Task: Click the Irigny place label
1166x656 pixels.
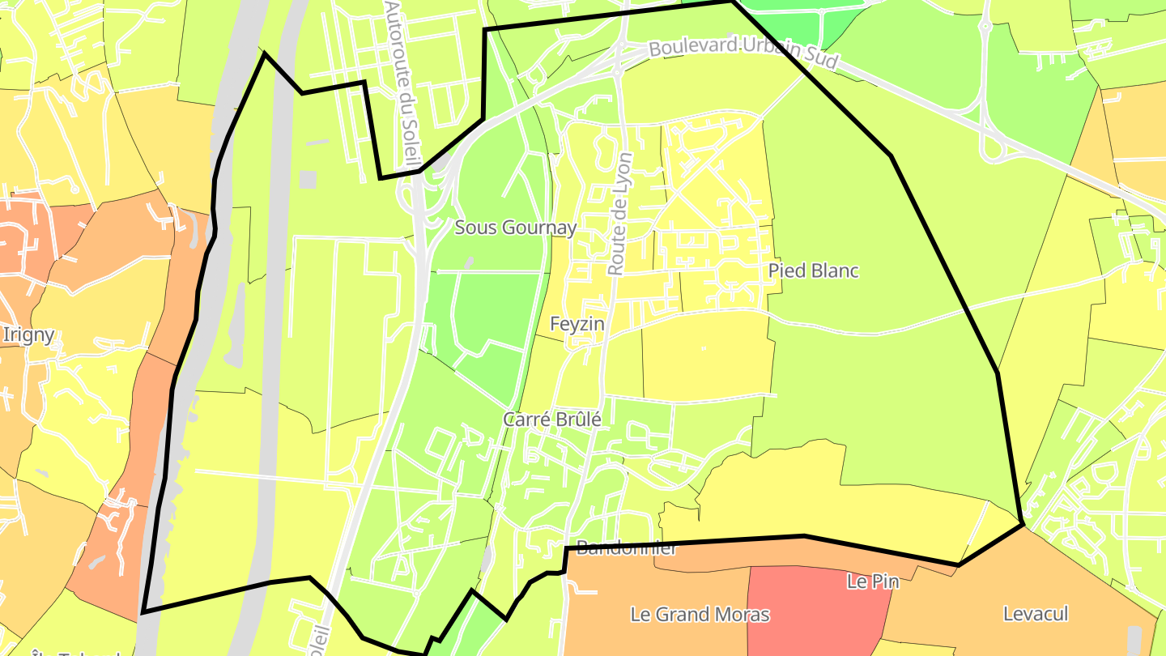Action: coord(28,334)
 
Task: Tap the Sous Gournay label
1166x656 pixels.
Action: coord(516,228)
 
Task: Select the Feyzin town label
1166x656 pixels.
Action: coord(577,324)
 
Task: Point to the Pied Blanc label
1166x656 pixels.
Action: coord(813,270)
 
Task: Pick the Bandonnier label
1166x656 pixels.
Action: coord(626,549)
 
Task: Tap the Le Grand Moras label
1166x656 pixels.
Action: coord(700,614)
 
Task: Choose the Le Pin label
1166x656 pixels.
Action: coord(872,581)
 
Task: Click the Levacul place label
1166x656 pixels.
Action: coord(1036,614)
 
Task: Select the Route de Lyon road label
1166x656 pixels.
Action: coord(620,214)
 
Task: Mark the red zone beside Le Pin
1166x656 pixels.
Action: coord(810,624)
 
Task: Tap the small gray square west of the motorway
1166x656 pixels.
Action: coord(308,179)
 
